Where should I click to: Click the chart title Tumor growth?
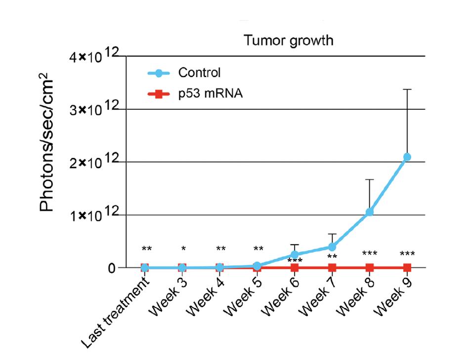point(288,41)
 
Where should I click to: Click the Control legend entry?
point(199,73)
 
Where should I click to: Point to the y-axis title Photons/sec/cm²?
point(48,143)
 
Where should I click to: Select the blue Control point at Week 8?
point(369,212)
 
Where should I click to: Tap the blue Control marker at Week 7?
point(332,247)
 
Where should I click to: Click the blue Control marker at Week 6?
point(295,255)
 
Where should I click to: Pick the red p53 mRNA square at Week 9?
point(407,268)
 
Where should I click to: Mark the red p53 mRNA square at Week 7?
point(332,268)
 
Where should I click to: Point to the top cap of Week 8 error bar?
point(369,180)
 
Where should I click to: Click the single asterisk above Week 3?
point(183,248)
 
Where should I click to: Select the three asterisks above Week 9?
point(407,254)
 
